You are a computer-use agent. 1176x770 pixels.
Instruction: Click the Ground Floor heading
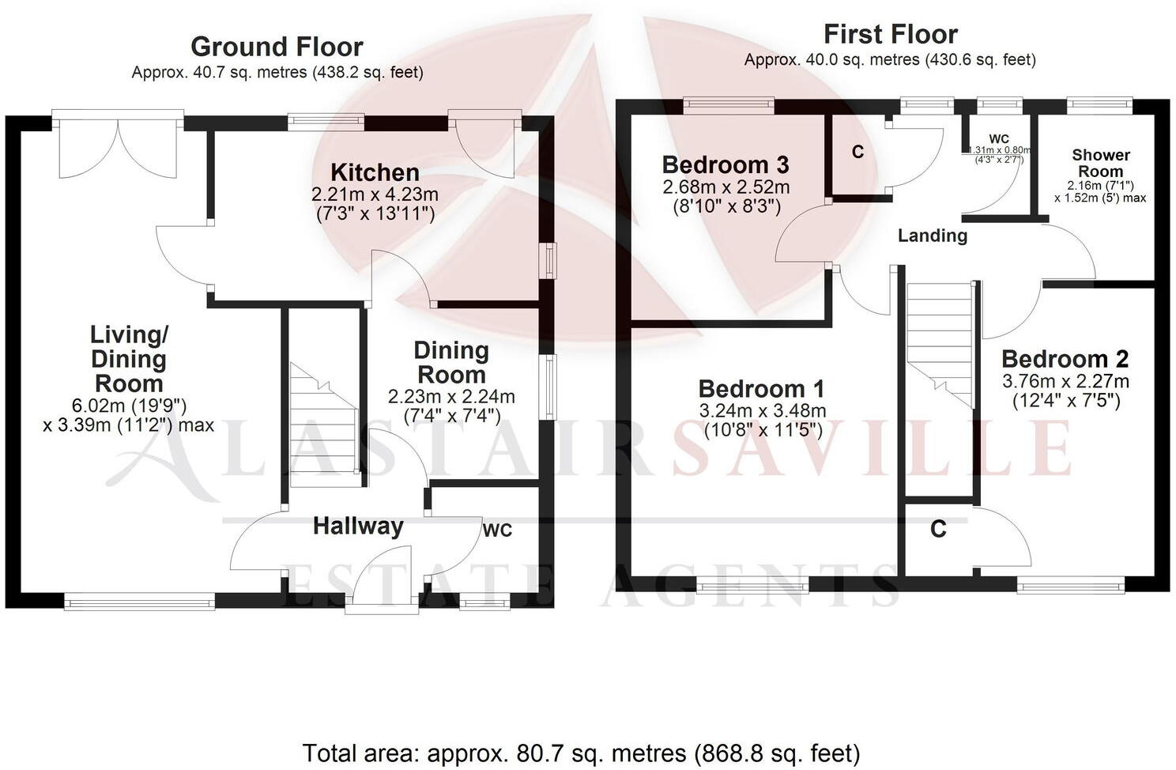(277, 47)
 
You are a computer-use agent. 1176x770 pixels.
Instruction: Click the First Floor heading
(890, 34)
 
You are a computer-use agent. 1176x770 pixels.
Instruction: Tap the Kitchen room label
(375, 172)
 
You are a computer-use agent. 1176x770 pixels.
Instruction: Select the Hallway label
(358, 526)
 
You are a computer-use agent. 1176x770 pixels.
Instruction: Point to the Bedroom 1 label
(761, 389)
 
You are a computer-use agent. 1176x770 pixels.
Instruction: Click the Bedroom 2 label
(1065, 360)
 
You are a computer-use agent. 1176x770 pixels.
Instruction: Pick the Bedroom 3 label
(725, 165)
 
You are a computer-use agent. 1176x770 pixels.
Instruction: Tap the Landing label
(933, 236)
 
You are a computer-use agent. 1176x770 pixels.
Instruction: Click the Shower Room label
(1100, 163)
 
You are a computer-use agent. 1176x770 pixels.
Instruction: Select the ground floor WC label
(497, 530)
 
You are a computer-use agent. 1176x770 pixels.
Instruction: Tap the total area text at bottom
(581, 753)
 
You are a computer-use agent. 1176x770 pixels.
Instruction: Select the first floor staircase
(939, 340)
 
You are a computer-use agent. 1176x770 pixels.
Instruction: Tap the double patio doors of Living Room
(119, 146)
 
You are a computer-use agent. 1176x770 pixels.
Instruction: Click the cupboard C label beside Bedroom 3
(857, 153)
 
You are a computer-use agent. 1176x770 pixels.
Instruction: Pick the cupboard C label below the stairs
(938, 529)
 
